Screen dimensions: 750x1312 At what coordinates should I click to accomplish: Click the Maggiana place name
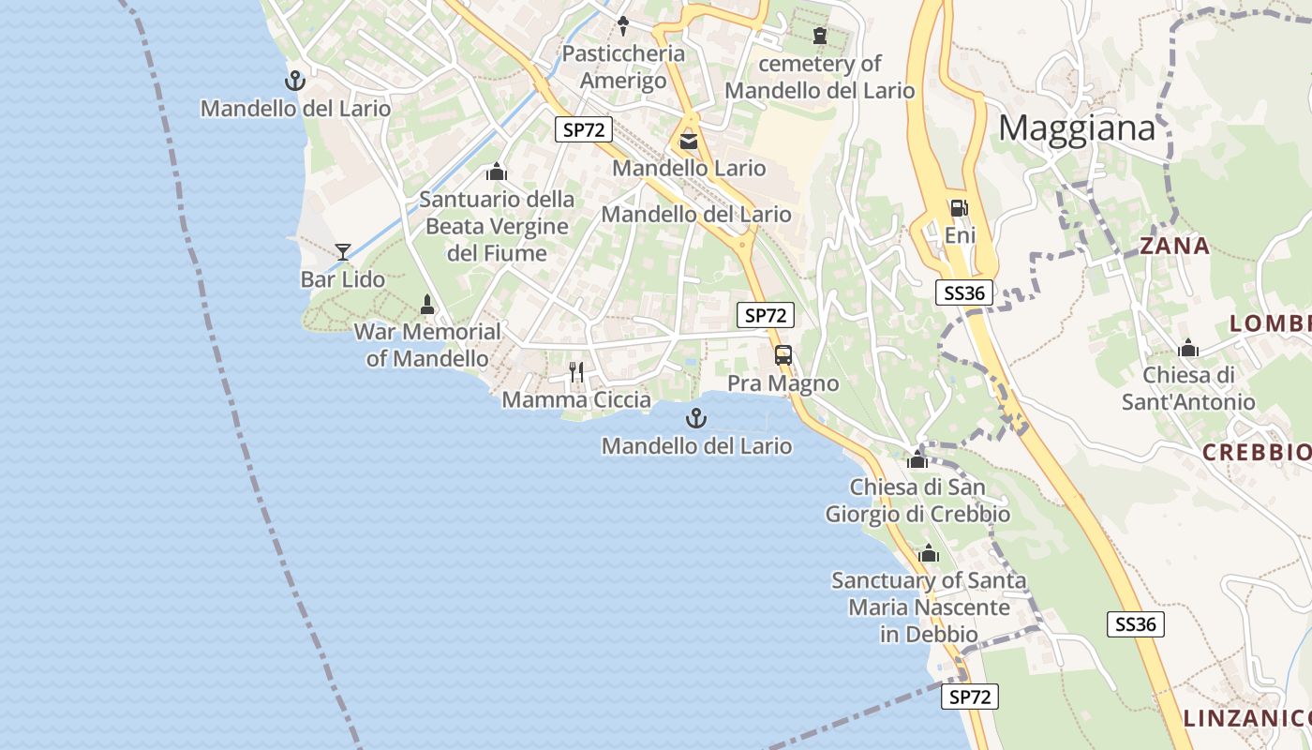1077,127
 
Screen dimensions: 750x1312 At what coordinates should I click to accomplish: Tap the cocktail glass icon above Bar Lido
343,251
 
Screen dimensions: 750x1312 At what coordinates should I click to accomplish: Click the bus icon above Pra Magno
783,355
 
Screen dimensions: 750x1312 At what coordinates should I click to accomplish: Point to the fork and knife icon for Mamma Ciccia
576,372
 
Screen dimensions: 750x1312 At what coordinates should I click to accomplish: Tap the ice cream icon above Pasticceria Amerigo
623,25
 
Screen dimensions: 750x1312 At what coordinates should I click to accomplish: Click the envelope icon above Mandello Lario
689,142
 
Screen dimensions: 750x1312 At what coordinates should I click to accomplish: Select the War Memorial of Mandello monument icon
427,305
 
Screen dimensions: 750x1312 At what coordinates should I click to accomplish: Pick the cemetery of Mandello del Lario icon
820,36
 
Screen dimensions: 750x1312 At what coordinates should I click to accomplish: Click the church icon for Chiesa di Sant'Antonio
1188,349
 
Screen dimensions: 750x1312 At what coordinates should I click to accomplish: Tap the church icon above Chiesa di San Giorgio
917,459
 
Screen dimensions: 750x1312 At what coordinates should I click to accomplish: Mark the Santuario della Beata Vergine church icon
497,172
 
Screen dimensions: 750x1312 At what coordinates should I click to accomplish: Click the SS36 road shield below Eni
964,293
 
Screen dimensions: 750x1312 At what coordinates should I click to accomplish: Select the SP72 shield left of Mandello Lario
584,130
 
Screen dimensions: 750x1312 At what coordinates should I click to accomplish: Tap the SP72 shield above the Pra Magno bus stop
766,316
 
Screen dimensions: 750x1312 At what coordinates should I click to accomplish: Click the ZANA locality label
1174,247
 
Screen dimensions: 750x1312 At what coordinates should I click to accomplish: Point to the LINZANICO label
1246,719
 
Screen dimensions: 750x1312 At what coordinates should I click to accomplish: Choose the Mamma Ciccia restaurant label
576,400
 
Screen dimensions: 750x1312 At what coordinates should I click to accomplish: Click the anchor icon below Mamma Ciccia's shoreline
696,418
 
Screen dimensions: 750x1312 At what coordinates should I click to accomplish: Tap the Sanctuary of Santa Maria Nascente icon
929,553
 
